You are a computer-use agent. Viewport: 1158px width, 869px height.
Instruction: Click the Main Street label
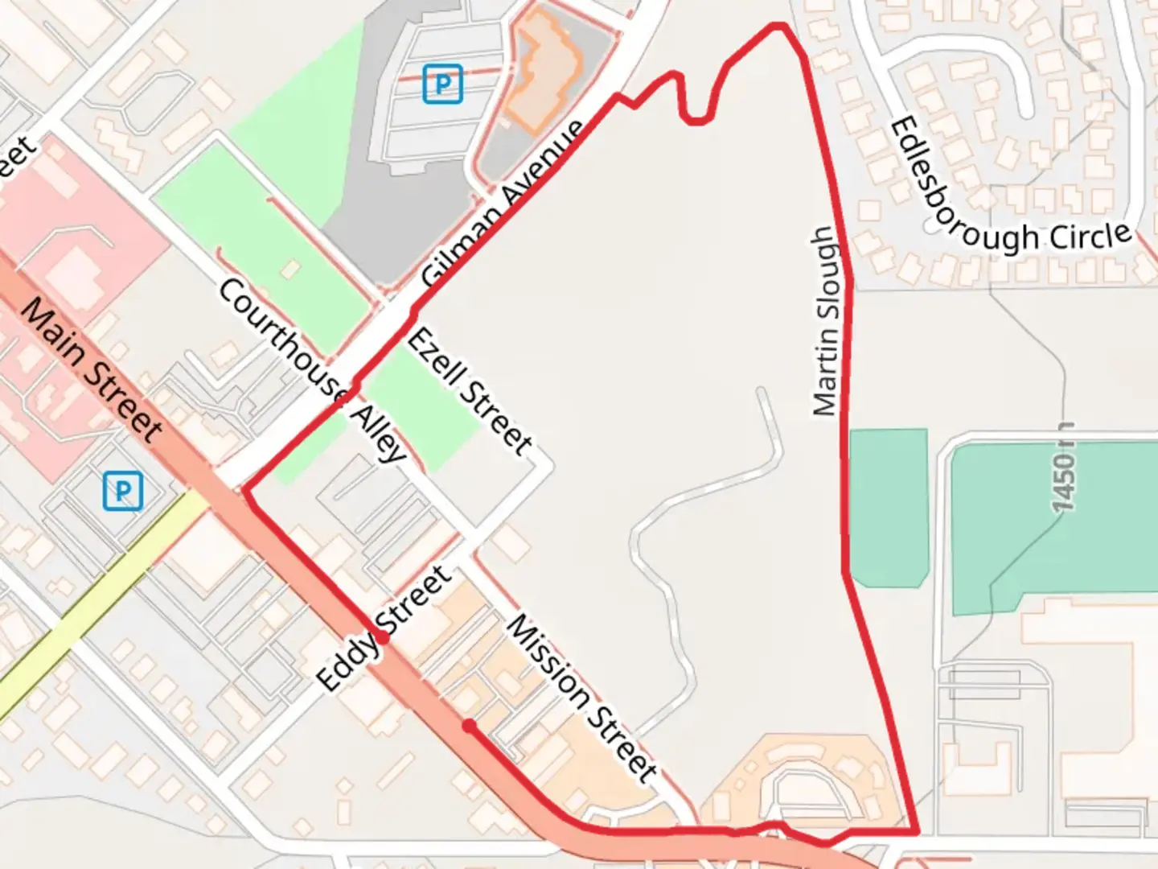click(91, 369)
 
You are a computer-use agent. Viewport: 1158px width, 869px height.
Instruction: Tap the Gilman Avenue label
click(503, 204)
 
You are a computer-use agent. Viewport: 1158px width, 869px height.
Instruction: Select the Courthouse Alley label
click(312, 371)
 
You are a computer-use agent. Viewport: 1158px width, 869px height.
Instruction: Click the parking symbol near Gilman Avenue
click(442, 84)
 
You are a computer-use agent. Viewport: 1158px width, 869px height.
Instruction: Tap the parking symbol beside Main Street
click(123, 491)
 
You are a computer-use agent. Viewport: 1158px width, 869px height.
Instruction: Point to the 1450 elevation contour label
click(1063, 467)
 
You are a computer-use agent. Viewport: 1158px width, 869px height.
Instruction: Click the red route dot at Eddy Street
click(383, 639)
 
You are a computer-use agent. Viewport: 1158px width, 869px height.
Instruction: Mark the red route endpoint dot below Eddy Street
click(469, 727)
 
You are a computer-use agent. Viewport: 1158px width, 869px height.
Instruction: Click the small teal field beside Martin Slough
click(888, 507)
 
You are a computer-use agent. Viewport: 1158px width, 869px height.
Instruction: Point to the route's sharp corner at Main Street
click(246, 490)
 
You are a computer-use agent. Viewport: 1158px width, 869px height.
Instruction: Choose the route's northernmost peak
click(778, 27)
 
